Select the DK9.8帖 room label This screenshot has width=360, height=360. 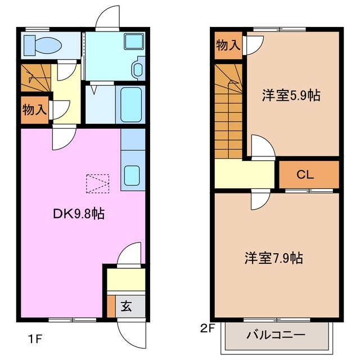click(x=79, y=214)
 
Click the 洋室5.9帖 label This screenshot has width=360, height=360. click(x=291, y=95)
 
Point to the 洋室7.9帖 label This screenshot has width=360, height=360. click(x=274, y=258)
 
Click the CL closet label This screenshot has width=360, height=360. click(x=305, y=175)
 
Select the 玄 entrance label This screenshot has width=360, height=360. click(x=127, y=307)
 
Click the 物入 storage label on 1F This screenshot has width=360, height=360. click(x=34, y=109)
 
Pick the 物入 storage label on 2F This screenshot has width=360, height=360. click(x=228, y=45)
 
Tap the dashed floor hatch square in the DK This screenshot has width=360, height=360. click(x=97, y=183)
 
